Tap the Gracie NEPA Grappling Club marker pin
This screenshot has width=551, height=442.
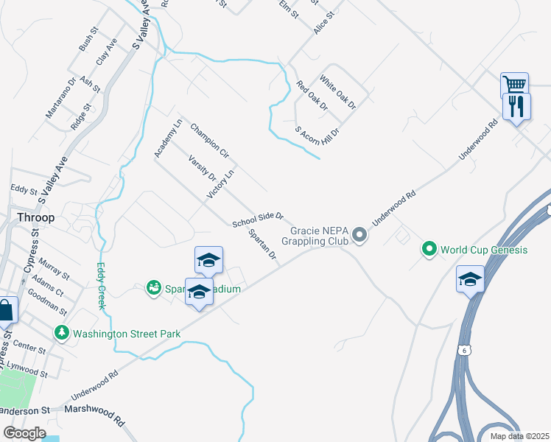(x=359, y=235)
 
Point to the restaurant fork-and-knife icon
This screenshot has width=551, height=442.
(x=516, y=106)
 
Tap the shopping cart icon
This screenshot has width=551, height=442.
(x=513, y=84)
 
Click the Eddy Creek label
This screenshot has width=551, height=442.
(x=101, y=287)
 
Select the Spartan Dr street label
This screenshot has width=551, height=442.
(x=263, y=245)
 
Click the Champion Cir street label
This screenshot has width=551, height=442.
(x=210, y=141)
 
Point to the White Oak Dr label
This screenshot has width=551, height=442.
(x=337, y=91)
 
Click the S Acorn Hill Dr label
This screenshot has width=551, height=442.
(x=317, y=130)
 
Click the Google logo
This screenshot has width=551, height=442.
(x=24, y=432)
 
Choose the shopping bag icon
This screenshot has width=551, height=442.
(x=6, y=311)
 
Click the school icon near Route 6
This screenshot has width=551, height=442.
(x=470, y=278)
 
